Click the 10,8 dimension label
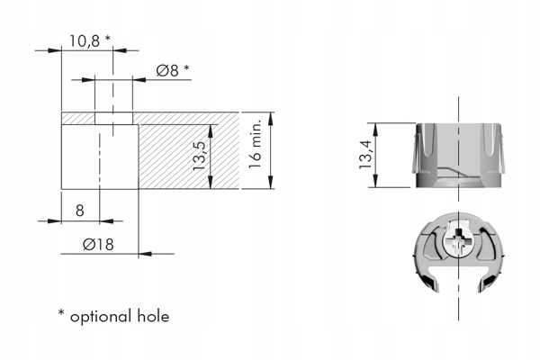pyautogui.click(x=85, y=41)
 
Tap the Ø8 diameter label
pyautogui.click(x=167, y=70)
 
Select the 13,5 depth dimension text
pyautogui.click(x=200, y=156)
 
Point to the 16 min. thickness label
pyautogui.click(x=256, y=144)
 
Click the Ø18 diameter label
pyautogui.click(x=98, y=245)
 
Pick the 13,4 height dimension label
pyautogui.click(x=365, y=154)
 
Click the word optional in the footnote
pyautogui.click(x=101, y=318)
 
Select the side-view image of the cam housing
pyautogui.click(x=458, y=155)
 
